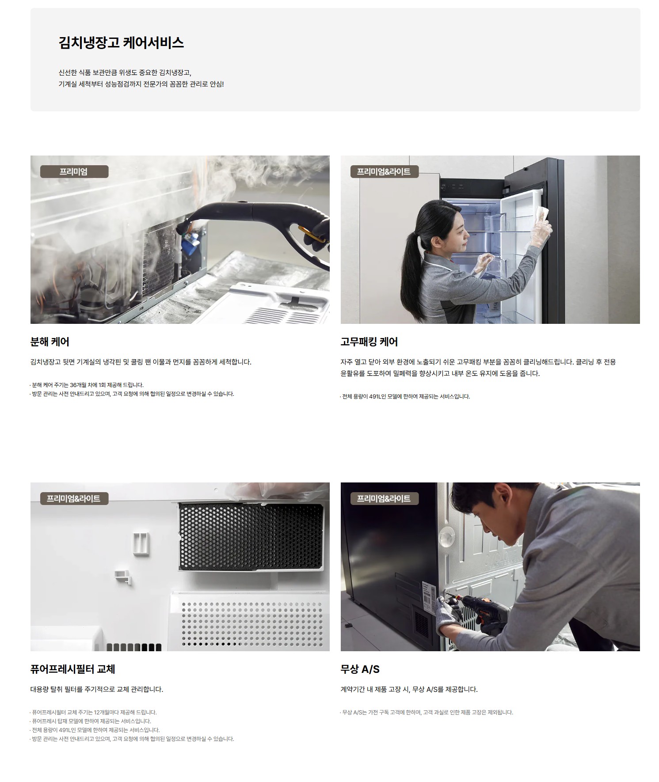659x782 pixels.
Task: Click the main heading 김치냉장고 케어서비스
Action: pyautogui.click(x=121, y=43)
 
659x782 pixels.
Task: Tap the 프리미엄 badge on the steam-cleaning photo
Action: pyautogui.click(x=74, y=171)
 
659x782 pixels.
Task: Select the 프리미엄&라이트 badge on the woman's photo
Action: pyautogui.click(x=385, y=171)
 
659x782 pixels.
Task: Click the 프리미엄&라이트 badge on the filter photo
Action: pyautogui.click(x=74, y=498)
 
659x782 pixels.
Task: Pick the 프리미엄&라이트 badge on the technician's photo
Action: pyautogui.click(x=385, y=498)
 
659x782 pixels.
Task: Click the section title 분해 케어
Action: pyautogui.click(x=50, y=342)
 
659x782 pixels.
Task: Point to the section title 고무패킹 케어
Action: pyautogui.click(x=369, y=342)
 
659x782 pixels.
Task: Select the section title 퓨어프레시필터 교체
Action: pyautogui.click(x=73, y=669)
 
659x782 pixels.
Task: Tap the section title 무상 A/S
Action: pyautogui.click(x=360, y=669)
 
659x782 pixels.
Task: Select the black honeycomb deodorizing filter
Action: pyautogui.click(x=251, y=536)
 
